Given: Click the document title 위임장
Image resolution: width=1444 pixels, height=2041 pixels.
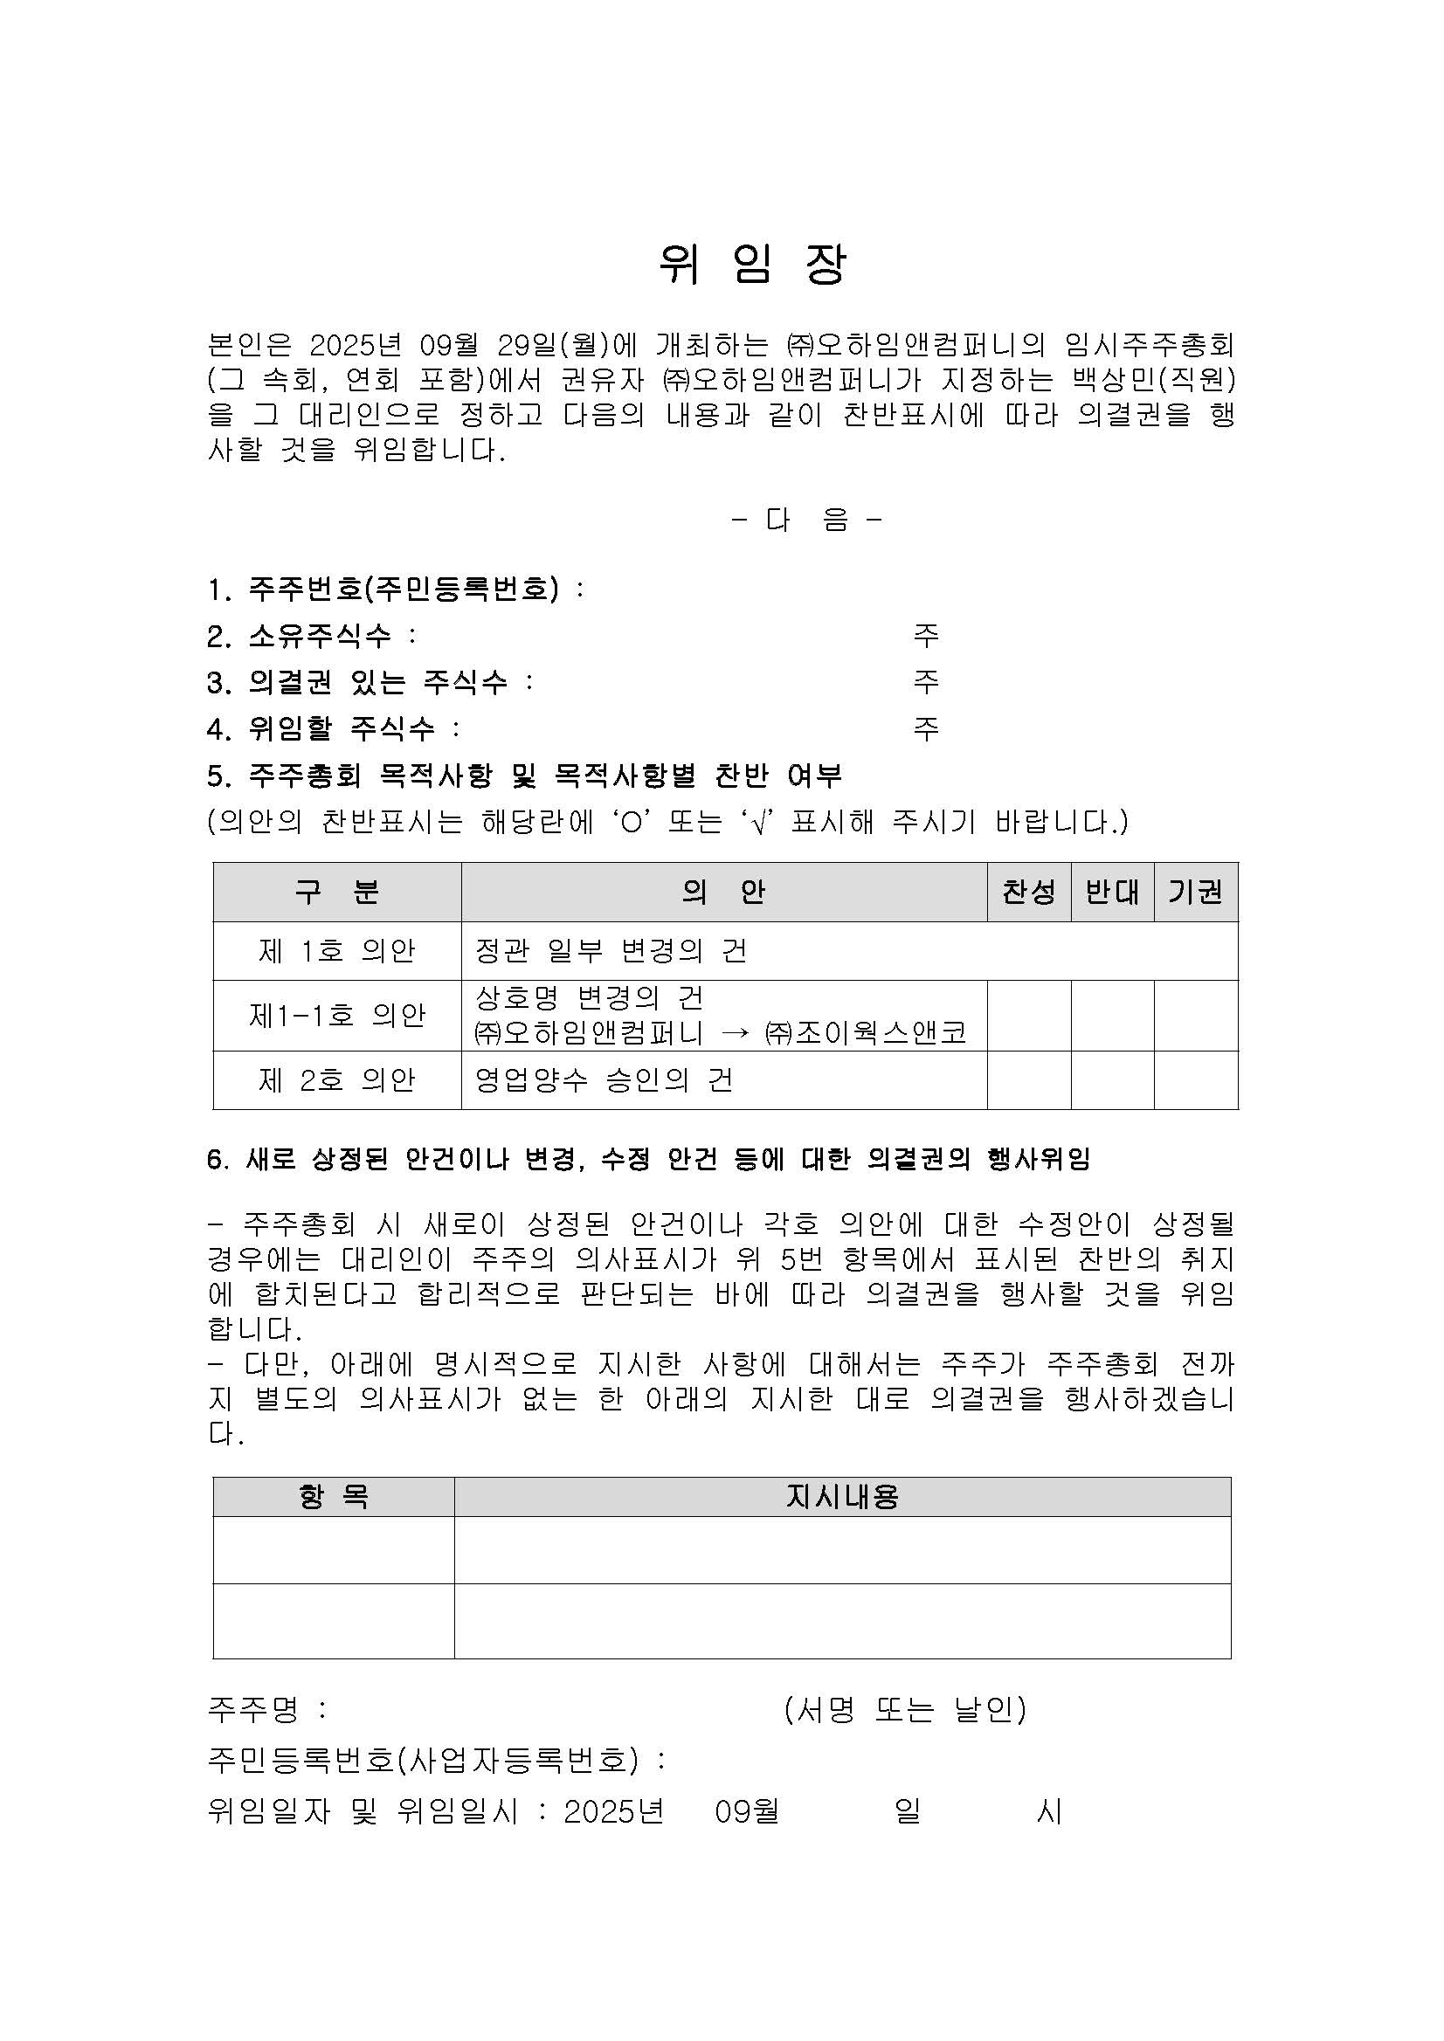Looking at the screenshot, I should point(752,264).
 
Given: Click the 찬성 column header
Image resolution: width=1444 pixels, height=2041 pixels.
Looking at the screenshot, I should point(1029,892).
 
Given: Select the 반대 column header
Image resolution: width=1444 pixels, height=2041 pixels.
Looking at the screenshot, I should point(1112,892).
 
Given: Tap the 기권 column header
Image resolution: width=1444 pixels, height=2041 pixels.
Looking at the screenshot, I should point(1195,892).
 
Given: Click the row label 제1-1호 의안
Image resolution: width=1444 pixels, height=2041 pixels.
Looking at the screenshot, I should point(337,1015).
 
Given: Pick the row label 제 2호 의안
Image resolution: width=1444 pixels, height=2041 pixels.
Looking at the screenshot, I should point(337,1080).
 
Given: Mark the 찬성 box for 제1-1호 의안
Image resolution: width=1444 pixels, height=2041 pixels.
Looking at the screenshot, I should point(1029,1015).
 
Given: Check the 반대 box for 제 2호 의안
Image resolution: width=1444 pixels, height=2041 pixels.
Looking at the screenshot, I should point(1112,1080).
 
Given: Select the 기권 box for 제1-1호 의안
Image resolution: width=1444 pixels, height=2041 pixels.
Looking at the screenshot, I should point(1195,1015).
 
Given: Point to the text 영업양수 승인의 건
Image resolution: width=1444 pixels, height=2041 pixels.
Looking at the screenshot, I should point(604,1080).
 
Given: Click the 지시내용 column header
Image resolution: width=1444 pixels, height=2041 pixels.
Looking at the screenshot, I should point(842,1497).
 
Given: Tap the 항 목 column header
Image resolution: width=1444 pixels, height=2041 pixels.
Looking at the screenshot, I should point(334,1497).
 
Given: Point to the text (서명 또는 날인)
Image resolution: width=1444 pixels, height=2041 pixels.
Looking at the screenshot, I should point(905,1708).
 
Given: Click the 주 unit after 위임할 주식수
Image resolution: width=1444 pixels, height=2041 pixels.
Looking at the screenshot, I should point(926,729).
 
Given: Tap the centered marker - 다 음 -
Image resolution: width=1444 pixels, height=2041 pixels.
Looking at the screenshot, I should point(806,520).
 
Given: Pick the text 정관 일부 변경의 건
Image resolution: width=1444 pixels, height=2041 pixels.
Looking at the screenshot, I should point(611,951).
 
